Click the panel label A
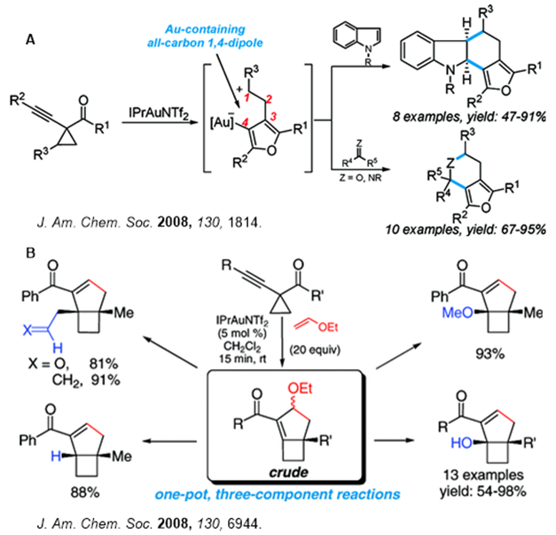(x=32, y=40)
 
